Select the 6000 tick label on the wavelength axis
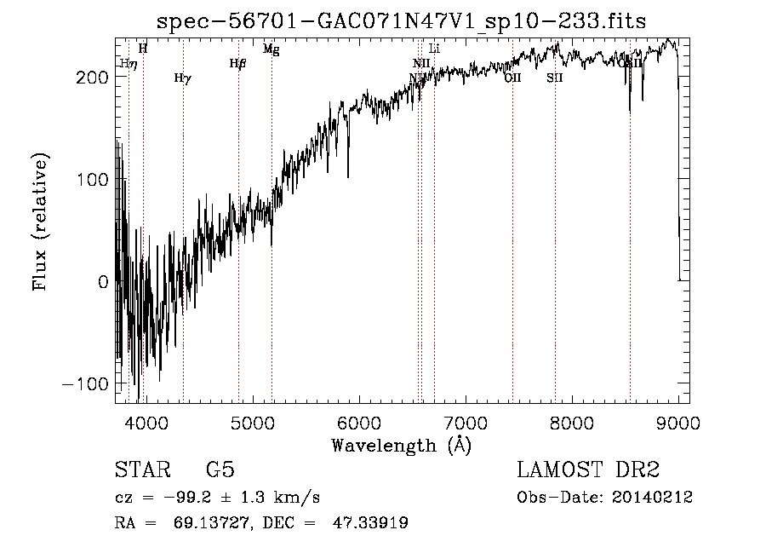point(358,422)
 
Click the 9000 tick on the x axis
point(678,422)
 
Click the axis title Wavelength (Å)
point(401,445)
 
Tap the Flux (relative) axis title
point(41,222)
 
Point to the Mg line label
point(271,49)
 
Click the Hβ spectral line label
point(237,63)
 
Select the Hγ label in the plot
point(182,78)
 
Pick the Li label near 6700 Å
point(434,49)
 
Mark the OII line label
point(512,78)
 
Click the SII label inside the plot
point(555,78)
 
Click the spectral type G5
point(220,470)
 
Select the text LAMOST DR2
point(588,470)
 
